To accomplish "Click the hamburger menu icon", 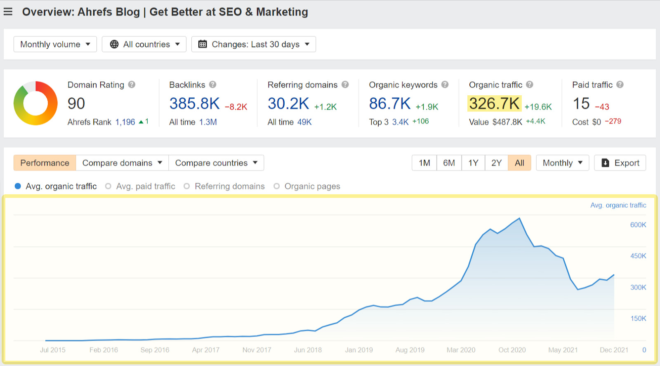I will (8, 12).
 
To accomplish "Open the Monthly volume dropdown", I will (55, 44).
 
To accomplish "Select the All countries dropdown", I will (144, 44).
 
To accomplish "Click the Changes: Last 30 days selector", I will (254, 44).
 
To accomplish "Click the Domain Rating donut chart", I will (35, 103).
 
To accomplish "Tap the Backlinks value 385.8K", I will (194, 104).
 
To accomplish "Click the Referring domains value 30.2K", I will (288, 104).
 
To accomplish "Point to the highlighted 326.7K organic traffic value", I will (494, 104).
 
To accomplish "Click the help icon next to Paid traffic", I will (620, 85).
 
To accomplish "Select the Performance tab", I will (45, 163).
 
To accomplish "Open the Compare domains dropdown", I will (122, 163).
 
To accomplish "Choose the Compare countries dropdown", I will (216, 163).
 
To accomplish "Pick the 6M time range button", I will (449, 163).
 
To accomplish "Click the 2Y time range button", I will (496, 163).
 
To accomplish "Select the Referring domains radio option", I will (187, 187).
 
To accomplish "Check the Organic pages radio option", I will (276, 187).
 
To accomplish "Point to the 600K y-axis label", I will (638, 225).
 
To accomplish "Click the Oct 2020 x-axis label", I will (512, 350).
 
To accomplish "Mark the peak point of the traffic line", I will (519, 218).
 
